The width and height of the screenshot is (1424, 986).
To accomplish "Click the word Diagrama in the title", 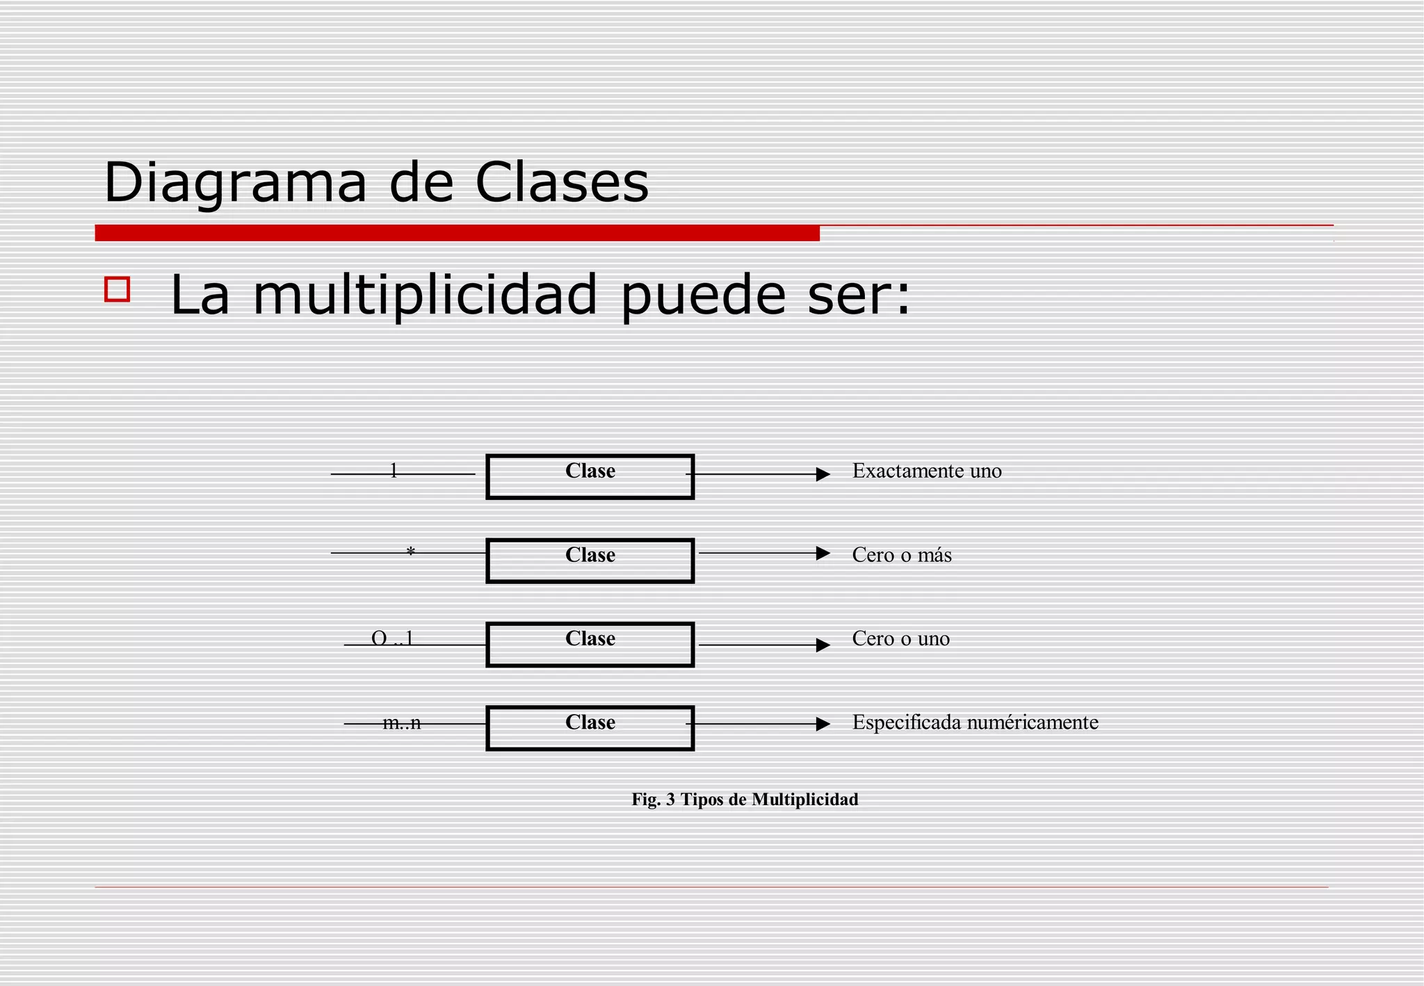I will point(235,182).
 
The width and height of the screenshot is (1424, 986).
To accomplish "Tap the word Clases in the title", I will point(562,182).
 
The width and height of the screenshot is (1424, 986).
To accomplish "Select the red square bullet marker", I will point(117,289).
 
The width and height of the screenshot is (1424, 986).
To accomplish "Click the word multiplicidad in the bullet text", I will point(425,295).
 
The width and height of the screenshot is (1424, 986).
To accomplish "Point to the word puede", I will point(703,295).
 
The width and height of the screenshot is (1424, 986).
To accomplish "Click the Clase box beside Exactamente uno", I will point(590,476).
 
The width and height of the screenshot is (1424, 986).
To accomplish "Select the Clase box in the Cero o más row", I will point(590,560).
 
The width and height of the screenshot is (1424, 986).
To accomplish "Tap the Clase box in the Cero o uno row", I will point(590,645).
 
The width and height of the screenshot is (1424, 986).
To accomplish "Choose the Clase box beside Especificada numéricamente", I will point(590,728).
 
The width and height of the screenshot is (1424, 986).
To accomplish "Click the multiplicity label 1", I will point(394,471).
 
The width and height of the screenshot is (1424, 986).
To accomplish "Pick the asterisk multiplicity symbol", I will point(410,552).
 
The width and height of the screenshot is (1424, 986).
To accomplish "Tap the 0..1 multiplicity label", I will point(393,638).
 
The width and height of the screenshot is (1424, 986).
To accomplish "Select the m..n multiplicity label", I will point(402,722).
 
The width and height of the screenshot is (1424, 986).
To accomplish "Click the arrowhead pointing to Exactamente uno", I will point(823,474).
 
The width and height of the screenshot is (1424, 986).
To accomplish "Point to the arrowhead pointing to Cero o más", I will point(823,553).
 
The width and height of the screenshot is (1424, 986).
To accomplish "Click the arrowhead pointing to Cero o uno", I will point(823,645).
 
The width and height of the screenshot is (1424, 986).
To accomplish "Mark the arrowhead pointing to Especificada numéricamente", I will point(823,724).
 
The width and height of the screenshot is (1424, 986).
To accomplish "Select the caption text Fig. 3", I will point(653,800).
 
